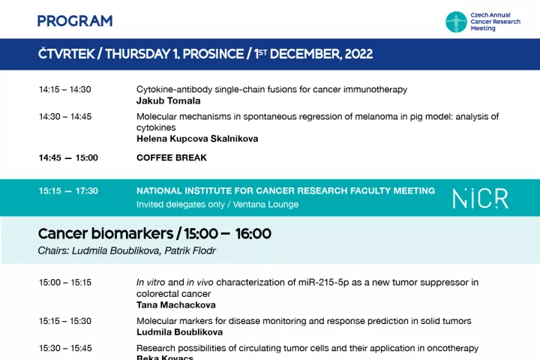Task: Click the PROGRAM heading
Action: click(x=75, y=21)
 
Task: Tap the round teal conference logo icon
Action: click(x=456, y=22)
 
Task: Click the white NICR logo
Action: click(x=481, y=199)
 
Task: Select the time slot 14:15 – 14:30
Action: click(x=65, y=89)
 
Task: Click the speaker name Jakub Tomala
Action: click(x=169, y=101)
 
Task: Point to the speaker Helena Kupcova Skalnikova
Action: click(x=197, y=139)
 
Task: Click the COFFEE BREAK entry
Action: click(x=172, y=157)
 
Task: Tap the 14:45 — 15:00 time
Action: click(x=68, y=157)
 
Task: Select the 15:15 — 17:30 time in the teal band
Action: click(x=68, y=190)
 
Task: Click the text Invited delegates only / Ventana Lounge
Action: click(x=217, y=204)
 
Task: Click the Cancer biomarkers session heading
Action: click(x=154, y=233)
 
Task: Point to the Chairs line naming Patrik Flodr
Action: click(x=127, y=250)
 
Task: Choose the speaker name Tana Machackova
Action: click(x=176, y=305)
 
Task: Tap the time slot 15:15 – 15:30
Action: click(x=65, y=321)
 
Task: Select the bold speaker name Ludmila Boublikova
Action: click(x=179, y=332)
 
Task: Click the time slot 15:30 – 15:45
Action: click(x=65, y=348)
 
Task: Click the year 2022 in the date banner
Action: click(x=358, y=54)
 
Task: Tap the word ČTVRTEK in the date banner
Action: click(x=67, y=54)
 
